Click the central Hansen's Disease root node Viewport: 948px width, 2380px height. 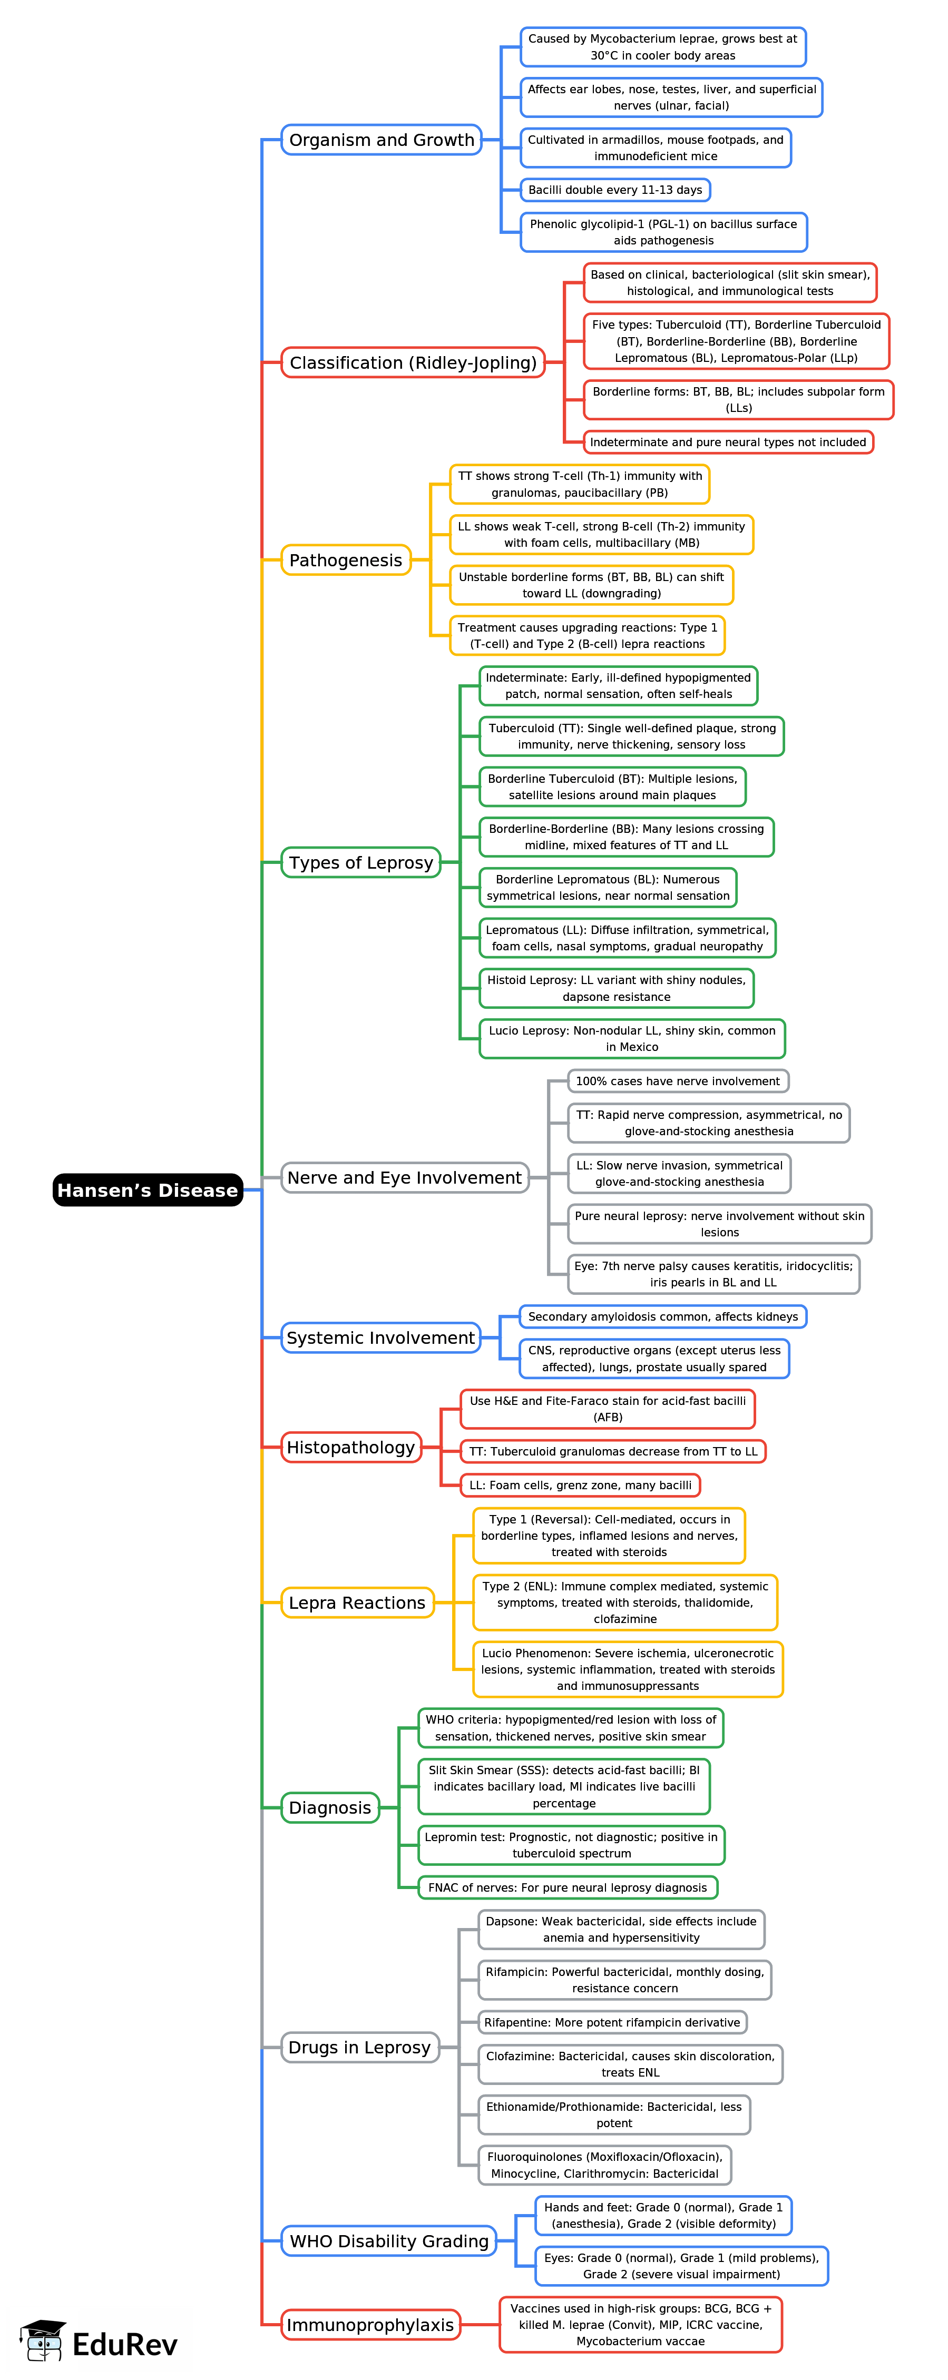(x=148, y=1190)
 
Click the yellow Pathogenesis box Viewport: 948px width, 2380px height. (x=346, y=560)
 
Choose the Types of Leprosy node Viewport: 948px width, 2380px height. (x=360, y=862)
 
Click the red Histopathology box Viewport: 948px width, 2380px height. (x=350, y=1447)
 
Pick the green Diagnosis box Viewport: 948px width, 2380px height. (x=330, y=1807)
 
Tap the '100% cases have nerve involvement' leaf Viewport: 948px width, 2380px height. (x=677, y=1081)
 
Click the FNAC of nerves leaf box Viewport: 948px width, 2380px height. (x=568, y=1887)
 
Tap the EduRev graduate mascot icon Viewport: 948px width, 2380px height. (x=43, y=2340)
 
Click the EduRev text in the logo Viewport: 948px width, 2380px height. (x=125, y=2345)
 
